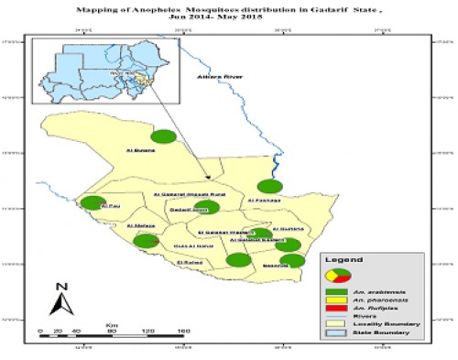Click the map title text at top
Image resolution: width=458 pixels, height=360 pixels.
(x=229, y=12)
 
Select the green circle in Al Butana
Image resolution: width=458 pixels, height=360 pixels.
(x=163, y=136)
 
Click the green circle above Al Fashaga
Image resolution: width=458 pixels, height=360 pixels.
(x=267, y=187)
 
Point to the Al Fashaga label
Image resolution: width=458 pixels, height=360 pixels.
(x=262, y=201)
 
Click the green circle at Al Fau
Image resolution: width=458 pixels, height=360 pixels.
(x=93, y=204)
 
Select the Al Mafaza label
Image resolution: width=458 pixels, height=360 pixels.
(x=142, y=226)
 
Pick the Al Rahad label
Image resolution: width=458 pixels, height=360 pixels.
(x=189, y=264)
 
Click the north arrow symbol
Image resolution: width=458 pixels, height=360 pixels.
(x=58, y=299)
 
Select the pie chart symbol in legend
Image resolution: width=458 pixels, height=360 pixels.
(x=336, y=275)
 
